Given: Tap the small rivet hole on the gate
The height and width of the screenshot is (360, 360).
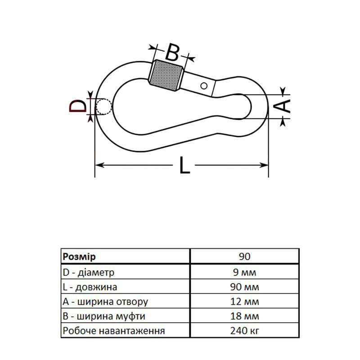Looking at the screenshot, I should pyautogui.click(x=204, y=85).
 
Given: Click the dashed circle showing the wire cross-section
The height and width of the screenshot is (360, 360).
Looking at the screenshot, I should pyautogui.click(x=104, y=107).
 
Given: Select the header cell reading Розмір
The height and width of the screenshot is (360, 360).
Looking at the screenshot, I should pyautogui.click(x=79, y=256).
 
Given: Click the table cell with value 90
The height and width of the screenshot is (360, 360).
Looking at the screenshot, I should pyautogui.click(x=244, y=256).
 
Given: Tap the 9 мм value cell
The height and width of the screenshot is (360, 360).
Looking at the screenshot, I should pyautogui.click(x=244, y=272).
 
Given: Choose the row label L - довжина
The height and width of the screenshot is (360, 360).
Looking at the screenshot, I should pyautogui.click(x=90, y=287).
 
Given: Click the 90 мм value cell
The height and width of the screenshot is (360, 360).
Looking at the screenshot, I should pyautogui.click(x=244, y=287).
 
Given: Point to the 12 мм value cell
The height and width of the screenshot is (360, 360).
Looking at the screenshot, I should pyautogui.click(x=244, y=301).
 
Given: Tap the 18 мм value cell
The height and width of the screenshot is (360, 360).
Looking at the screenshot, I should pyautogui.click(x=244, y=316).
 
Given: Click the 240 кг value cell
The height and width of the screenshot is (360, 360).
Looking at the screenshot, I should pyautogui.click(x=244, y=331).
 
